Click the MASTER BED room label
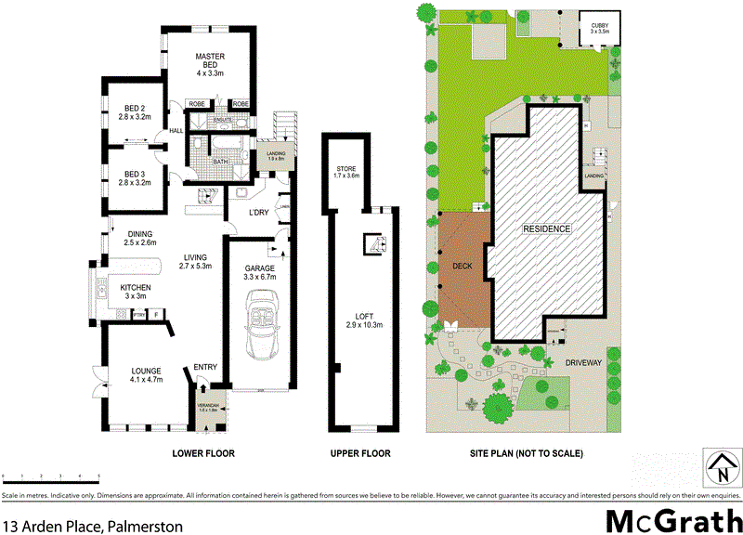pos(212,57)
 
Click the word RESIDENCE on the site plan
pos(547,228)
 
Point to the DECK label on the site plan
pos(463,266)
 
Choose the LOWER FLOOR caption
pos(202,454)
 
